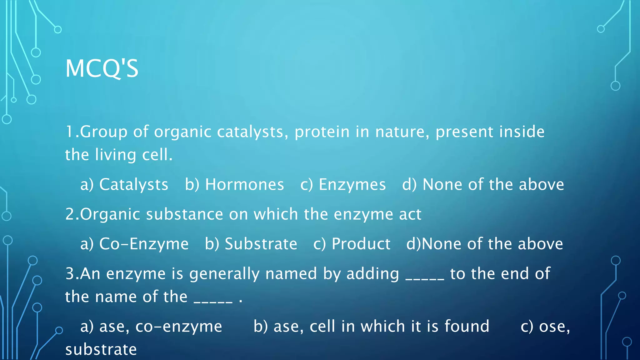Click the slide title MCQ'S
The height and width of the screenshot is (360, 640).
(x=102, y=68)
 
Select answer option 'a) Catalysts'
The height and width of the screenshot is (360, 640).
(x=124, y=184)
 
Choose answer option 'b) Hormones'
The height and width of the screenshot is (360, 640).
(x=234, y=184)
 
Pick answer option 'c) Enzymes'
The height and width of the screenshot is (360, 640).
(x=343, y=184)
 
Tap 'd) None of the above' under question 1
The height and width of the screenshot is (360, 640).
(x=483, y=184)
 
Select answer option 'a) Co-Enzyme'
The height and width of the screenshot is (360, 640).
(x=134, y=244)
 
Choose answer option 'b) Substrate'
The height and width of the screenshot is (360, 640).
(x=251, y=244)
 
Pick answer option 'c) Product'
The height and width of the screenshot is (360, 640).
(x=352, y=244)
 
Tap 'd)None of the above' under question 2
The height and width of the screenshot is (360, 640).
(x=485, y=244)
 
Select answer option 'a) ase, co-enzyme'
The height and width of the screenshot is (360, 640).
(x=151, y=327)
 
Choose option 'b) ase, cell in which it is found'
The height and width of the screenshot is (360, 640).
(x=371, y=327)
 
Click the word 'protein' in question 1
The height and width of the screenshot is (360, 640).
(x=322, y=132)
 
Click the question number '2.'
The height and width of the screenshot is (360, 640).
(x=72, y=214)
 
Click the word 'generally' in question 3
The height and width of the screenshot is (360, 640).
(x=224, y=274)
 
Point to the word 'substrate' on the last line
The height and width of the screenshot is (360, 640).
(x=101, y=350)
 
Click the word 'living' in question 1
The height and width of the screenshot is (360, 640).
(x=116, y=155)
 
